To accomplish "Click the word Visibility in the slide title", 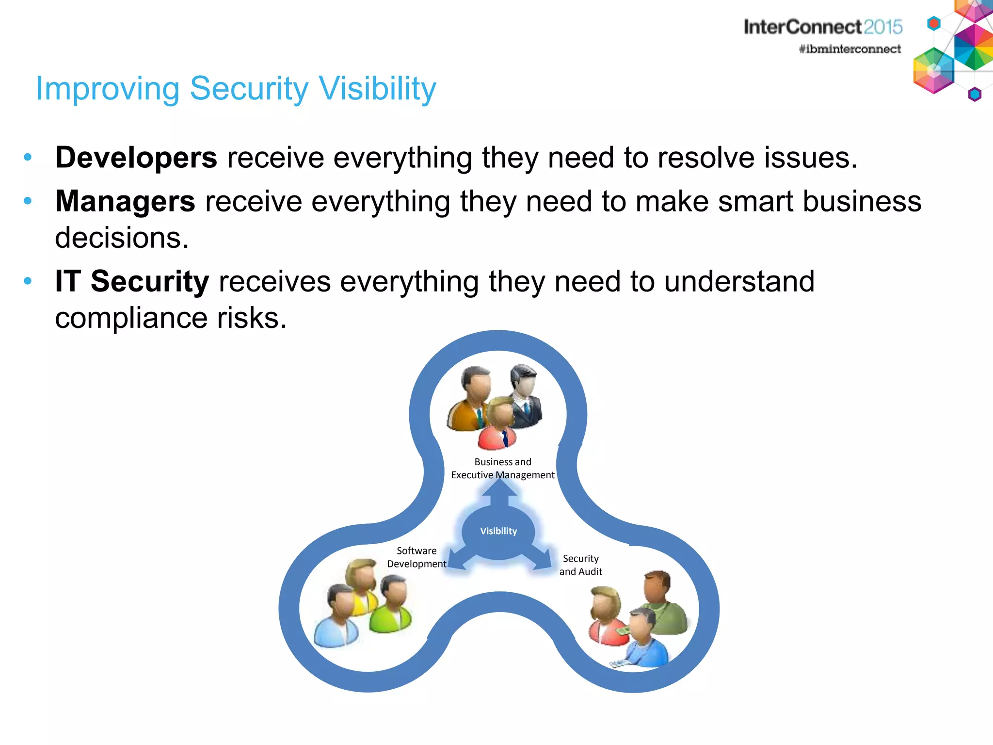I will coord(378,89).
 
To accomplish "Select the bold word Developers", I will coord(136,158).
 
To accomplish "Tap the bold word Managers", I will coord(125,201).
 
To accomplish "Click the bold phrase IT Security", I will coord(132,281).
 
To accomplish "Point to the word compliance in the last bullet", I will coord(131,319).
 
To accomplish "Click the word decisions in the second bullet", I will coord(121,238).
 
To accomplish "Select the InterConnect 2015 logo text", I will coord(823,27).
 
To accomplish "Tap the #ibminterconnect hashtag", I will coord(849,49).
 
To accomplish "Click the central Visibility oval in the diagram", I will coord(498,531).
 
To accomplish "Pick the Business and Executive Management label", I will coord(503,469).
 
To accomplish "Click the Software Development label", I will coord(416,557).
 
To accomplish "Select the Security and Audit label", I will coord(580,565).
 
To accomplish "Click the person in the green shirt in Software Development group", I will coord(392,606).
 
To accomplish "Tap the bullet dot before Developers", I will coord(28,157).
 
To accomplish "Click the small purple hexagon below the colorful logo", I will coord(975,94).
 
